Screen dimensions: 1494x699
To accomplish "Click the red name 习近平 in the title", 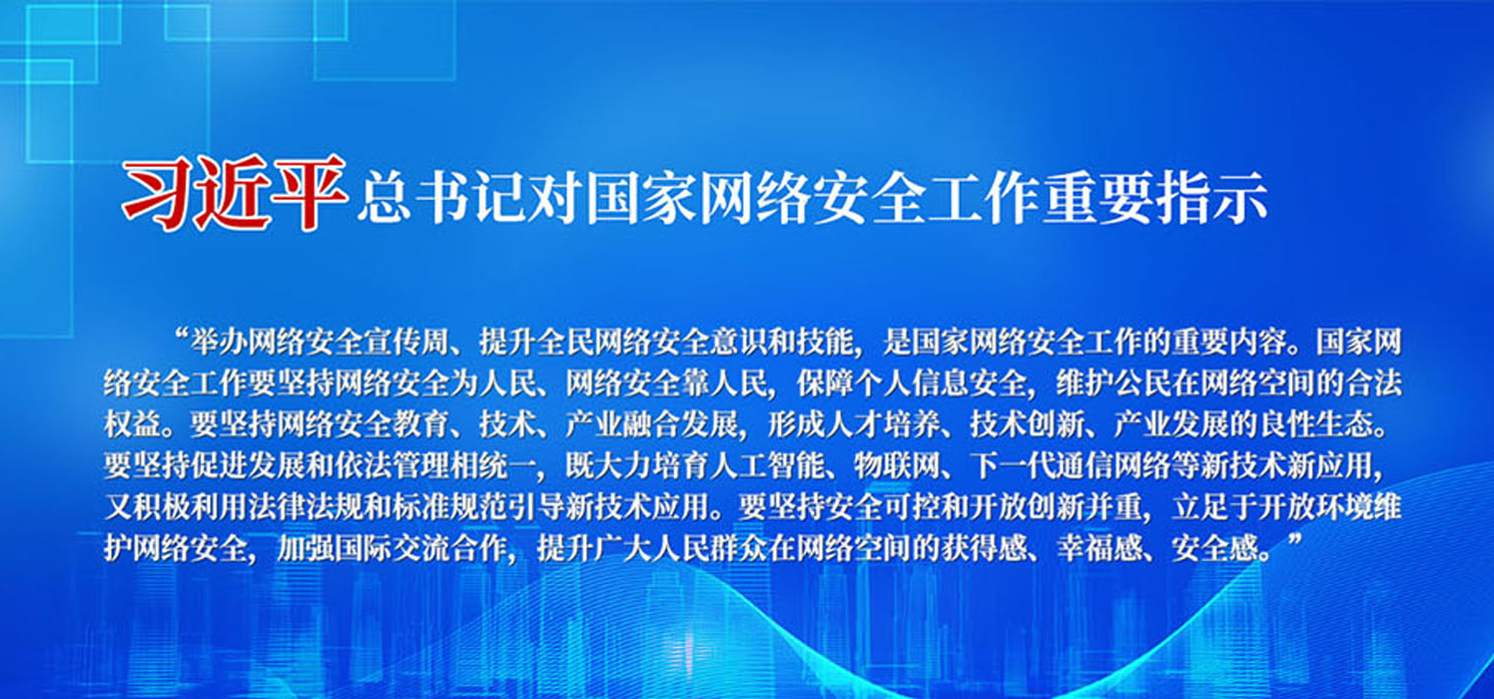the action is [x=234, y=194].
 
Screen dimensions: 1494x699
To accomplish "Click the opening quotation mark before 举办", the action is [x=180, y=334].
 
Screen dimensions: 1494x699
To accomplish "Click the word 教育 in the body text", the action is [x=421, y=425].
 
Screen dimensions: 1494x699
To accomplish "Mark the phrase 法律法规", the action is [x=307, y=508].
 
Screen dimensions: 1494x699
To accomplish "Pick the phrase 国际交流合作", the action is [x=421, y=549].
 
